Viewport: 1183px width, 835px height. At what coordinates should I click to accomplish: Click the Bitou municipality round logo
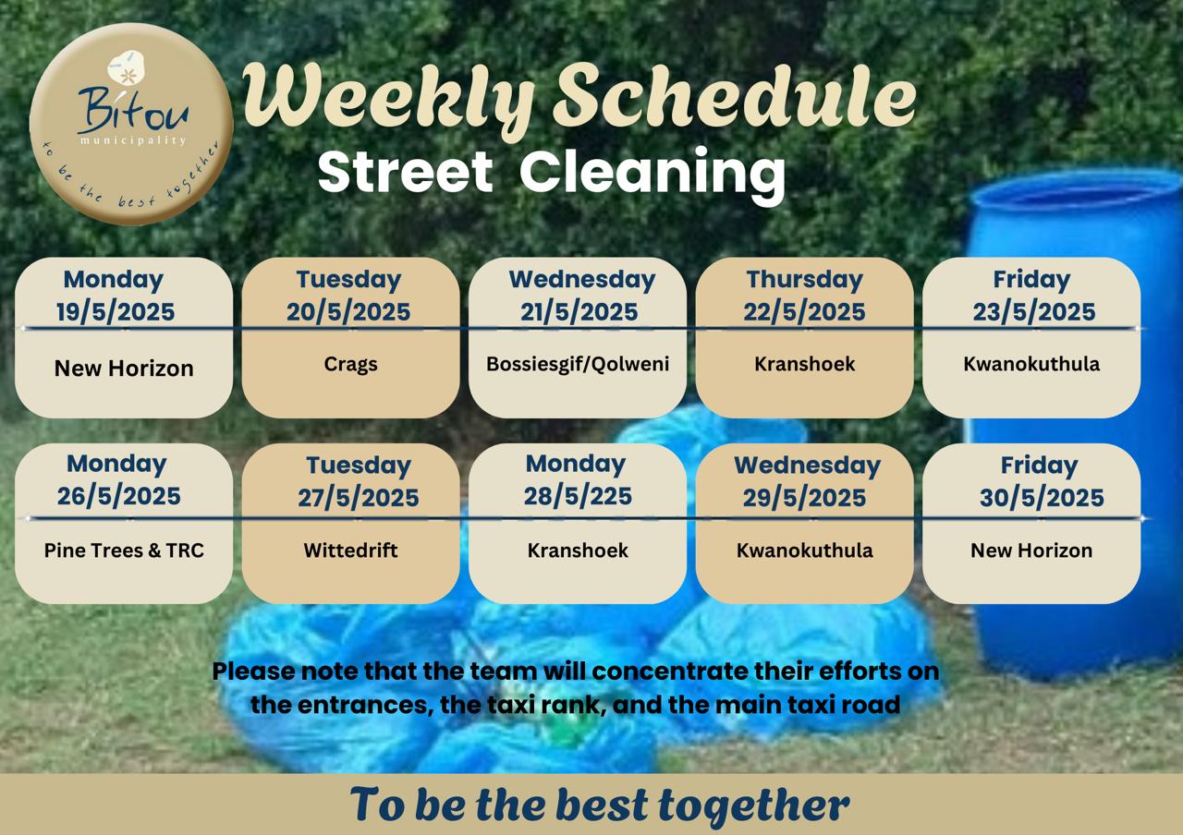pyautogui.click(x=131, y=124)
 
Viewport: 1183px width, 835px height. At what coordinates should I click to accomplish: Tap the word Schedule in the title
pyautogui.click(x=734, y=99)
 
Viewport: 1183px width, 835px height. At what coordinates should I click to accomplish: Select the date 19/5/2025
pyautogui.click(x=116, y=312)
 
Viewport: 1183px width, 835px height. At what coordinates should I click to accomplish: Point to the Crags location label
pyautogui.click(x=350, y=365)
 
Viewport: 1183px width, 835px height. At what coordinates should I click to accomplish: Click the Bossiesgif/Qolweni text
pyautogui.click(x=578, y=364)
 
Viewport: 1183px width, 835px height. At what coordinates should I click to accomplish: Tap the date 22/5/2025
pyautogui.click(x=804, y=312)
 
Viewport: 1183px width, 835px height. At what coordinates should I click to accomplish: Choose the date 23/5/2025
pyautogui.click(x=1034, y=312)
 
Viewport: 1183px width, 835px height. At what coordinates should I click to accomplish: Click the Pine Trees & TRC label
pyautogui.click(x=124, y=551)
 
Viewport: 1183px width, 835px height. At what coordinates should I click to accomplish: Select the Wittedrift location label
pyautogui.click(x=350, y=551)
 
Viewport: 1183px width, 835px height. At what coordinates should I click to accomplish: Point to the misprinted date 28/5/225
pyautogui.click(x=578, y=496)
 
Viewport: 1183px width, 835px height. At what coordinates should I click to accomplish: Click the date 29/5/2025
pyautogui.click(x=804, y=498)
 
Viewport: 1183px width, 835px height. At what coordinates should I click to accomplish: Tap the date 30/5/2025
pyautogui.click(x=1042, y=498)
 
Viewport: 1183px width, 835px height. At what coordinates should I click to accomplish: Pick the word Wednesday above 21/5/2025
pyautogui.click(x=582, y=279)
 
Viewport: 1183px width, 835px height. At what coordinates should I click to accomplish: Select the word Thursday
pyautogui.click(x=804, y=279)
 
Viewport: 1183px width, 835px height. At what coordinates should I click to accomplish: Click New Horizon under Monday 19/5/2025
pyautogui.click(x=124, y=369)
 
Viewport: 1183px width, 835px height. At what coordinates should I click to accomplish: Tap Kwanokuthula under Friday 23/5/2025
pyautogui.click(x=1031, y=364)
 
